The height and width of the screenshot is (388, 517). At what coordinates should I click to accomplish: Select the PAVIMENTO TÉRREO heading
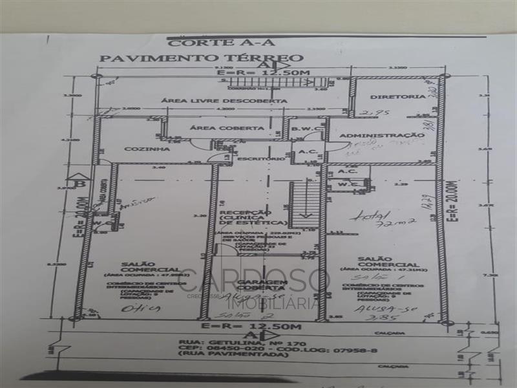(x=201, y=58)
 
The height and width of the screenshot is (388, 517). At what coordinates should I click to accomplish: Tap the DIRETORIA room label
(x=398, y=97)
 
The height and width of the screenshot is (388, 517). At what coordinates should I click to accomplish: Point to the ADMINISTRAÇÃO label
(x=381, y=135)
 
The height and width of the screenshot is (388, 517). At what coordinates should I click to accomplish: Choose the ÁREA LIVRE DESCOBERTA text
(x=224, y=101)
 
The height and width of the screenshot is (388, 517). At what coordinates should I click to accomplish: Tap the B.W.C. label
(x=302, y=128)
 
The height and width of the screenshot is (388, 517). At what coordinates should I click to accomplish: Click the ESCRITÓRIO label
(x=260, y=158)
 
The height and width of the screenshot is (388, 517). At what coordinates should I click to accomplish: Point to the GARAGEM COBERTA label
(x=261, y=286)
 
